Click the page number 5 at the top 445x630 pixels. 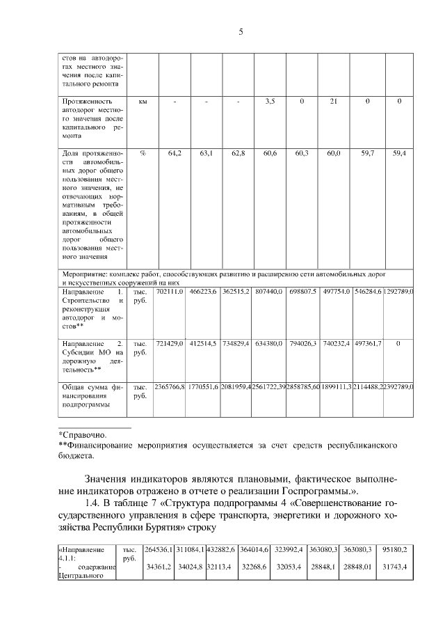pyautogui.click(x=240, y=32)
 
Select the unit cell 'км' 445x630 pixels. pyautogui.click(x=143, y=102)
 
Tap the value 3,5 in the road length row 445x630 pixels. pyautogui.click(x=270, y=102)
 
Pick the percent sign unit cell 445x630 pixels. pyautogui.click(x=143, y=152)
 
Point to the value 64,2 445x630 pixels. pyautogui.click(x=175, y=152)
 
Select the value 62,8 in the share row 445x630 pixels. pyautogui.click(x=238, y=152)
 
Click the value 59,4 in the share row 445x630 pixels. pyautogui.click(x=399, y=152)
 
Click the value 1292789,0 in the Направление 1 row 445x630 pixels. pyautogui.click(x=398, y=290)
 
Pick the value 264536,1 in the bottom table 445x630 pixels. pyautogui.click(x=159, y=549)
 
